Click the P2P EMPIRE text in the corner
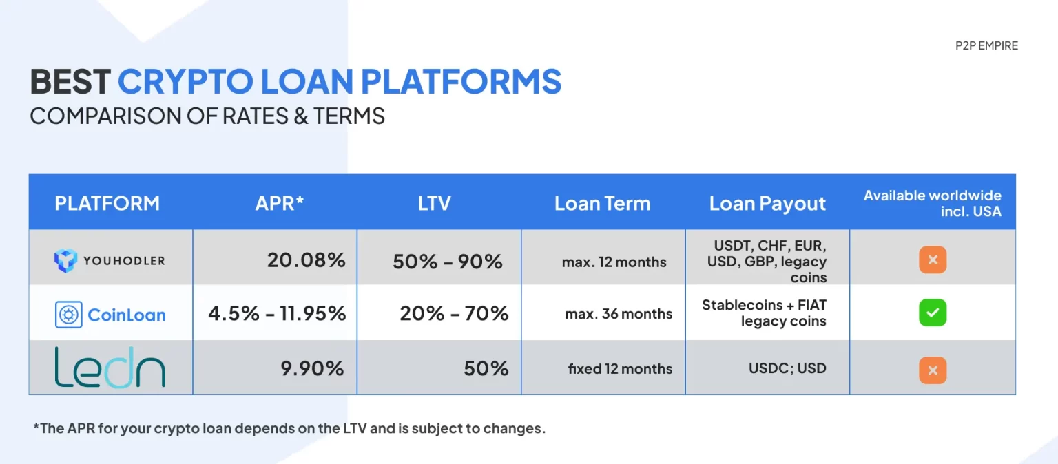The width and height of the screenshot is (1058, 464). point(986,46)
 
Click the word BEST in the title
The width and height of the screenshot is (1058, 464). point(70,81)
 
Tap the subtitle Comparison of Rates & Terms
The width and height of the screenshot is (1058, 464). point(207,116)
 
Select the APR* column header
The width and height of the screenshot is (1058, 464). point(279,204)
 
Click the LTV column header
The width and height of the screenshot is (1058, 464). point(434,204)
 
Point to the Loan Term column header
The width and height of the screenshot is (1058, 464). point(602,204)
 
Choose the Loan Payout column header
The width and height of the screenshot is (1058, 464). point(767,204)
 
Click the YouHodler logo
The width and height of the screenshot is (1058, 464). point(110,260)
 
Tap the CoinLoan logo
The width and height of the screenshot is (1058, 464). point(110,315)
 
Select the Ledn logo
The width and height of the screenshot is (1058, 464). point(110,367)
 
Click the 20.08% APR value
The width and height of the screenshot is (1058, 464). point(306,260)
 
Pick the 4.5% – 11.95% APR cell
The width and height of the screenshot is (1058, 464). point(278,313)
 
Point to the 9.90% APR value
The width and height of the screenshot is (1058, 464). point(312,368)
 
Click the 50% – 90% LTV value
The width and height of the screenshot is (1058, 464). point(447,262)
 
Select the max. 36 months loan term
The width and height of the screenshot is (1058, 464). point(619,314)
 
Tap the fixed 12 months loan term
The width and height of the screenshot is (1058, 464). point(620,368)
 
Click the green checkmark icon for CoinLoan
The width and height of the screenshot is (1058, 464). point(933,313)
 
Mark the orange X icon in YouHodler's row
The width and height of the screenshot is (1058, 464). point(933,260)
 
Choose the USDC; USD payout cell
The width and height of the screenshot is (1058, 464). point(787,368)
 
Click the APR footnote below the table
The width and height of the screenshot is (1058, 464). point(289,428)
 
